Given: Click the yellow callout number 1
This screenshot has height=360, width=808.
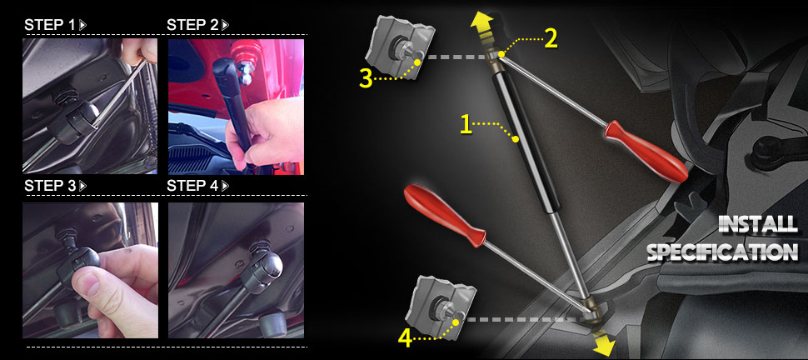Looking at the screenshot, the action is pyautogui.click(x=466, y=124).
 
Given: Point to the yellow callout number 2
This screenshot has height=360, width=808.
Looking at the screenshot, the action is pyautogui.click(x=551, y=39).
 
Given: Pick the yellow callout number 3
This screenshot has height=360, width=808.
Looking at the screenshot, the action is pyautogui.click(x=366, y=79).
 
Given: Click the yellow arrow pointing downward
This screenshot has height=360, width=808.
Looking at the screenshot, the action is pyautogui.click(x=602, y=342).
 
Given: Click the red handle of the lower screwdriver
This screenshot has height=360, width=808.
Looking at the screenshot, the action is pyautogui.click(x=444, y=213).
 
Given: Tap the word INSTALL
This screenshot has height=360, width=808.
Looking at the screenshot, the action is pyautogui.click(x=757, y=224).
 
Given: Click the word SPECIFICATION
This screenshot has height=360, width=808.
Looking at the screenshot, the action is pyautogui.click(x=722, y=252).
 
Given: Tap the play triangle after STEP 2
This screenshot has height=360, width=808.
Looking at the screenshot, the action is pyautogui.click(x=225, y=25).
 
